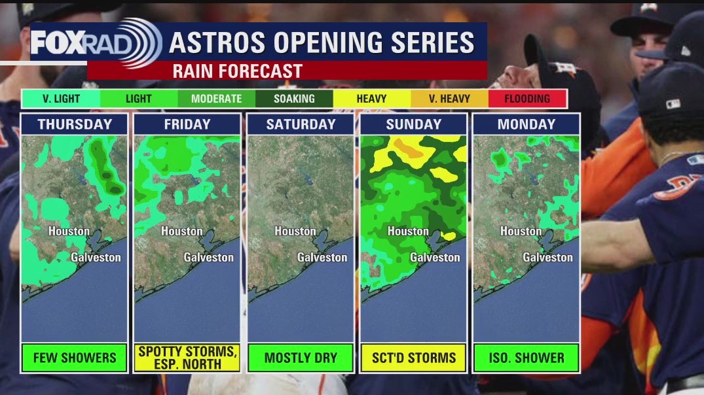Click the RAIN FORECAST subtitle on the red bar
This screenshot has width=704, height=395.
coord(237,71)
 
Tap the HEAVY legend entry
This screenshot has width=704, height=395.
coord(371,99)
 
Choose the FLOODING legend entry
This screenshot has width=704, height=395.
coord(527,99)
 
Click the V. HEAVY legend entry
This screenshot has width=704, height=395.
coord(449,99)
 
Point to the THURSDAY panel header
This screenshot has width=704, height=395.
coord(75,124)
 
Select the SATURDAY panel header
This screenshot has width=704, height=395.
coord(301,124)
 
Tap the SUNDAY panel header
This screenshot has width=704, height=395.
coord(414,124)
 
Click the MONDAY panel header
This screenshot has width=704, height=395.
coord(526,124)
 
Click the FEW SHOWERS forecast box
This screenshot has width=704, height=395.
coord(75,358)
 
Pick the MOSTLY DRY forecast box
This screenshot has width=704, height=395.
coord(301,358)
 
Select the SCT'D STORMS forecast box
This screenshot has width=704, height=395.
coord(413,358)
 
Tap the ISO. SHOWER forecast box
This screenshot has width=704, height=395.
coord(526,358)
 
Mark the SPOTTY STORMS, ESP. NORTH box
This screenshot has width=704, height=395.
coord(187,358)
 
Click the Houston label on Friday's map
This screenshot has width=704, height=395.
coord(181,232)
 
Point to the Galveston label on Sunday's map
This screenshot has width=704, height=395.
coord(435,258)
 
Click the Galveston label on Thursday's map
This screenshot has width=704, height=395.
coord(96,258)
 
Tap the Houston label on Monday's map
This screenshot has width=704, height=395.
coord(521,232)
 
